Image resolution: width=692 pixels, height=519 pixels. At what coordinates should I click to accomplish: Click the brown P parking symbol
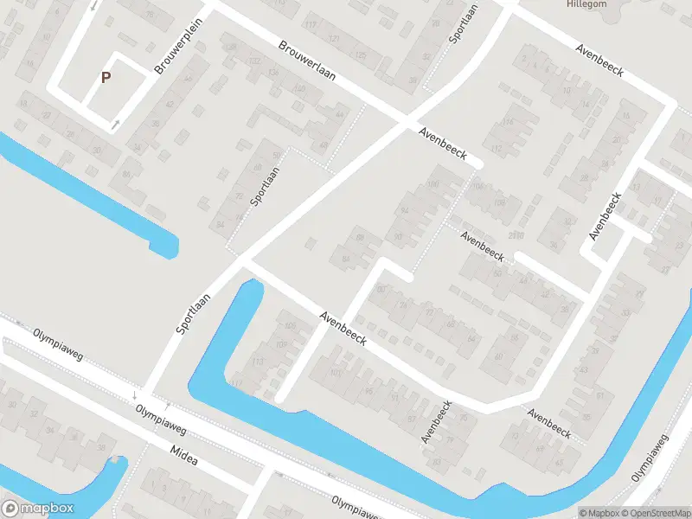(106, 77)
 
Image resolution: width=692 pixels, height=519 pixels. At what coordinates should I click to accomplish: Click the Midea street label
(184, 457)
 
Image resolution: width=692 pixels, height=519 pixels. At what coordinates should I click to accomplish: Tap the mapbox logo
(38, 509)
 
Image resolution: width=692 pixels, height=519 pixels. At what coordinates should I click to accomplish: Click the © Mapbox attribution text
(599, 513)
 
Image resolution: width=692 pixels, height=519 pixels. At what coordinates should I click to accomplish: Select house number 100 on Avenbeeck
(433, 184)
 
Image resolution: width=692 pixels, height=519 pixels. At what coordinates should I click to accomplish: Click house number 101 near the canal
(336, 374)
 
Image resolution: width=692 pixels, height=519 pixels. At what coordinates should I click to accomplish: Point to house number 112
(496, 150)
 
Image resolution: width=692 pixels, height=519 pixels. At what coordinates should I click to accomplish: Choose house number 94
(404, 212)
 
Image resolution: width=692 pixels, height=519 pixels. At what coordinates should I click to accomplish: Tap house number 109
(280, 345)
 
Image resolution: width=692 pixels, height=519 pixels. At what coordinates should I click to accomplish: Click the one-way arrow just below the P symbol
(115, 125)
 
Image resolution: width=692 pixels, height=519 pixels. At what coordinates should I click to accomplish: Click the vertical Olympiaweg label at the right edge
(650, 456)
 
